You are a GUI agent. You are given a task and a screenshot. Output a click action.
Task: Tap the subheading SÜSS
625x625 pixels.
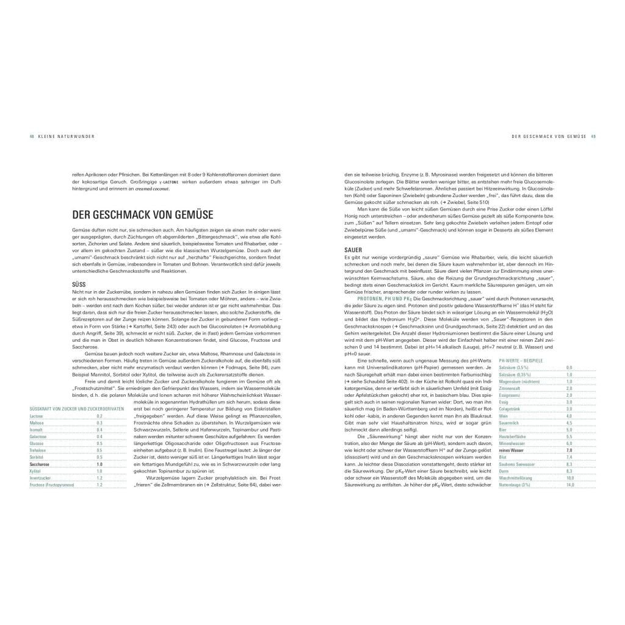click(79, 284)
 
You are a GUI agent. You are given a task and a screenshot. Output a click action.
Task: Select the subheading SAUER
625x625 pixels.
click(353, 250)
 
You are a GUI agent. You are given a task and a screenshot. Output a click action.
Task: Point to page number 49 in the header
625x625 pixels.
click(593, 136)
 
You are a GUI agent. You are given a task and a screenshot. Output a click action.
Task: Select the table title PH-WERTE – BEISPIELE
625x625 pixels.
click(521, 361)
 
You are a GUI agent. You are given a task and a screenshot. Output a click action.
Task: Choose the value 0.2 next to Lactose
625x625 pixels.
click(99, 416)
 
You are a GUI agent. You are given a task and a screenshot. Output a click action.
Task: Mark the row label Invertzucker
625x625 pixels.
click(40, 478)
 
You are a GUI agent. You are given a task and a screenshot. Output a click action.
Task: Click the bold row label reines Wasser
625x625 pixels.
click(511, 450)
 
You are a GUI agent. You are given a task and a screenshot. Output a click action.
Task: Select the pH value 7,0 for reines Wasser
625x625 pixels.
click(569, 450)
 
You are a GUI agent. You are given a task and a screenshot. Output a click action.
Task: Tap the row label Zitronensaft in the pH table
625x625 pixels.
click(511, 388)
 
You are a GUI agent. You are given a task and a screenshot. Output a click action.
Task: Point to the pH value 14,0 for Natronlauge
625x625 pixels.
click(570, 484)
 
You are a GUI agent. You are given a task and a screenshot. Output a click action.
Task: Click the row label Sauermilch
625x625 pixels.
click(509, 422)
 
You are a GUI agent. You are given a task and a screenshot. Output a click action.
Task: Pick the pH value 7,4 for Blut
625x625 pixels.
click(569, 457)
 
